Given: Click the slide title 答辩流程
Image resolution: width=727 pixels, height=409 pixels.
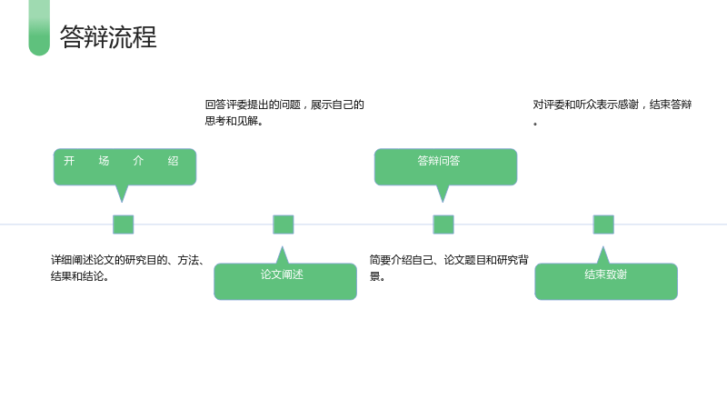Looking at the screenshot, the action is pyautogui.click(x=108, y=36).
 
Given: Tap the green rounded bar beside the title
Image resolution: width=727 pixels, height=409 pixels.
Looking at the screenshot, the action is pyautogui.click(x=39, y=28).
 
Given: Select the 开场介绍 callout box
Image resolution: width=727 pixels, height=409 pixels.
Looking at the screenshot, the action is pyautogui.click(x=124, y=167).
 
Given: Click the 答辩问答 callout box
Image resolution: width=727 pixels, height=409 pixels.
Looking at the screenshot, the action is pyautogui.click(x=445, y=167).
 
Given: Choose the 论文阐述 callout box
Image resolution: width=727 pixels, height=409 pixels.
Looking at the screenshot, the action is pyautogui.click(x=285, y=282).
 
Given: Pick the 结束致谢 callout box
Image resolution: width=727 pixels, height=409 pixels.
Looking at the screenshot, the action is pyautogui.click(x=606, y=282).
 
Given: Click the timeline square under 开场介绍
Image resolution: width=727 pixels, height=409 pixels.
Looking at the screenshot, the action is pyautogui.click(x=124, y=224).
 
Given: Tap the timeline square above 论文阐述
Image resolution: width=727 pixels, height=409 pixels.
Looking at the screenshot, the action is pyautogui.click(x=284, y=224).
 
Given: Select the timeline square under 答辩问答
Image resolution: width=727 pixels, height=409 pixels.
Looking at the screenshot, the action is pyautogui.click(x=443, y=224).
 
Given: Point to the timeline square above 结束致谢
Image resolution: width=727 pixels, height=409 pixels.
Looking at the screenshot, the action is pyautogui.click(x=603, y=224).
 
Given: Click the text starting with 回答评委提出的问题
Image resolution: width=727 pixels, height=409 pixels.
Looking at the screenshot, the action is pyautogui.click(x=284, y=113).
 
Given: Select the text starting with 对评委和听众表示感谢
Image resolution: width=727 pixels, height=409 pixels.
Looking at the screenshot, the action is pyautogui.click(x=612, y=113).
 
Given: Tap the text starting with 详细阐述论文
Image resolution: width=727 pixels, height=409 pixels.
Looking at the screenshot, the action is pyautogui.click(x=127, y=268).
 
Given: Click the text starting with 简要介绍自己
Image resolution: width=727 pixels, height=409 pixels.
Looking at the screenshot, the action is pyautogui.click(x=449, y=268).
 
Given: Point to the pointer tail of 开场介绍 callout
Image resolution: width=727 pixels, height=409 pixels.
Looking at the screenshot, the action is pyautogui.click(x=122, y=202).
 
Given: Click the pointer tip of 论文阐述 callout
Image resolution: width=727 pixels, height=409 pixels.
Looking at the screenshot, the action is pyautogui.click(x=282, y=246).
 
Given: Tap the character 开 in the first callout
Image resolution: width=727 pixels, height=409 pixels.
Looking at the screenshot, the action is pyautogui.click(x=69, y=161).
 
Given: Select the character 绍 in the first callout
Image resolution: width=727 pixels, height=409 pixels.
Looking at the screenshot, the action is pyautogui.click(x=173, y=161).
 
